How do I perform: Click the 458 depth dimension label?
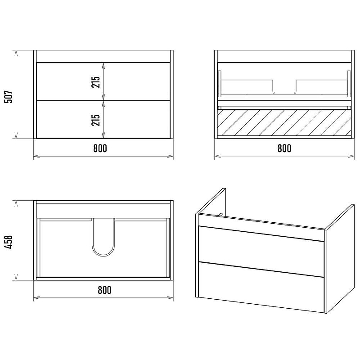[x=9, y=242]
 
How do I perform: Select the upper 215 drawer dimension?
[x=96, y=82]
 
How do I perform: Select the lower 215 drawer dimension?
[x=96, y=120]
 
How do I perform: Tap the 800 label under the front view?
[x=100, y=148]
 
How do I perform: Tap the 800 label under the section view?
[x=284, y=148]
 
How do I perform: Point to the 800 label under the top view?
[x=104, y=290]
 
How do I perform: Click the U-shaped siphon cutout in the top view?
[x=103, y=256]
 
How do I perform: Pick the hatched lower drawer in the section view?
[x=284, y=122]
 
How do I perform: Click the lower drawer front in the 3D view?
[x=261, y=287]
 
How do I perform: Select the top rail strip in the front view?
[x=103, y=56]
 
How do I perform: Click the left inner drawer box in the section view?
[x=247, y=86]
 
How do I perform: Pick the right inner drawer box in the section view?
[x=322, y=86]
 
